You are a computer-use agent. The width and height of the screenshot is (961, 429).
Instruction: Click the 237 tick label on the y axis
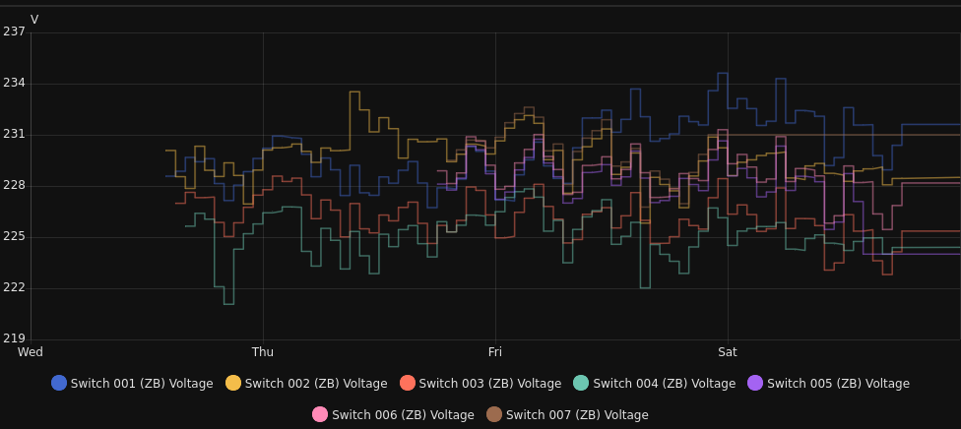(x=14, y=31)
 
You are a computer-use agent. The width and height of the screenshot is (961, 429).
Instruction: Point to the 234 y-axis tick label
(x=14, y=83)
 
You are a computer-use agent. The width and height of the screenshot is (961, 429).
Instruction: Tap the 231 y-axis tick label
(x=14, y=134)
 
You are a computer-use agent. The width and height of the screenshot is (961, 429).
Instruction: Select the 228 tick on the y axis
(x=14, y=185)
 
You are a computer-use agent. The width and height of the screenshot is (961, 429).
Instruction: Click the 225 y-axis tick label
(x=14, y=236)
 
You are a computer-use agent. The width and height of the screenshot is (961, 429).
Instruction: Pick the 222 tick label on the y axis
(x=14, y=287)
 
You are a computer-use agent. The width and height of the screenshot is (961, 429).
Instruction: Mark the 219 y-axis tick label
(x=14, y=338)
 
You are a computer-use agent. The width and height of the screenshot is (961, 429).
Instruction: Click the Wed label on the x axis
(x=31, y=352)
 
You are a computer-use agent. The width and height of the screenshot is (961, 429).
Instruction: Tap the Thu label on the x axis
(x=263, y=352)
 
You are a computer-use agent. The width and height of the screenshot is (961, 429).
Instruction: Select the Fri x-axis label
(x=495, y=352)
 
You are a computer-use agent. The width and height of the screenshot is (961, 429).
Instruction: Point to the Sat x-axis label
(x=728, y=352)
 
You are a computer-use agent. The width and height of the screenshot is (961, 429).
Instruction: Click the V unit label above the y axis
(x=34, y=20)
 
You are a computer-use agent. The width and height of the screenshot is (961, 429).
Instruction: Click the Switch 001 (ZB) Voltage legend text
(x=142, y=384)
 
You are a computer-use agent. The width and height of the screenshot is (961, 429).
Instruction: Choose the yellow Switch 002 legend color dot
(x=233, y=384)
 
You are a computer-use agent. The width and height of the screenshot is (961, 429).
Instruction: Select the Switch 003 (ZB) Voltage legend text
(x=490, y=384)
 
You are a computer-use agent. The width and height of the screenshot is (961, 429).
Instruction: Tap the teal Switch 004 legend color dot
(x=581, y=384)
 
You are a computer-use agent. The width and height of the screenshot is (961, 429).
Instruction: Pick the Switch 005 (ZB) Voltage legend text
(x=838, y=384)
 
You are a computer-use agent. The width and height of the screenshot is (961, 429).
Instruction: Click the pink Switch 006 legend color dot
(x=320, y=415)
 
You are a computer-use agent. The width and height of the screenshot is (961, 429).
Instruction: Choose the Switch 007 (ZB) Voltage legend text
(x=577, y=415)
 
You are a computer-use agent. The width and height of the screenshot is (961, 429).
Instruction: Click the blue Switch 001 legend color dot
(x=59, y=384)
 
